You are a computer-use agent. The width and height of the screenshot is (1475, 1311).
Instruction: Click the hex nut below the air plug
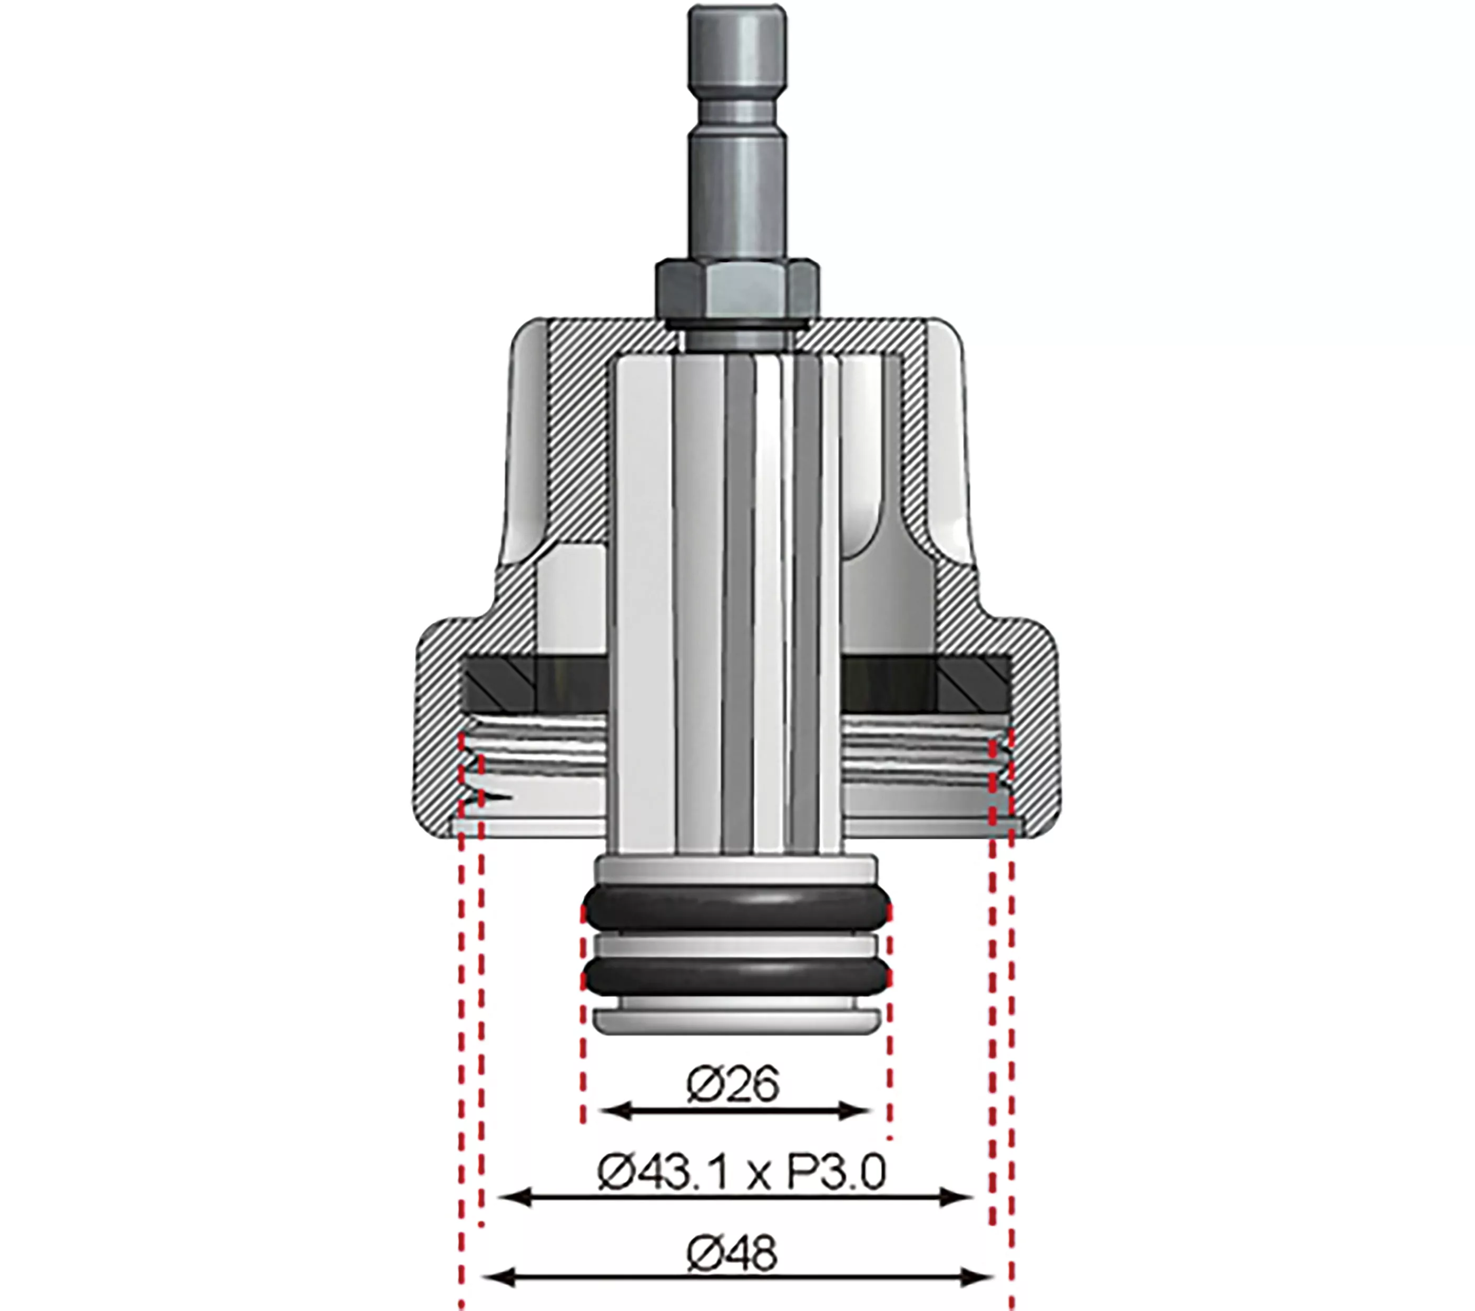coord(735,287)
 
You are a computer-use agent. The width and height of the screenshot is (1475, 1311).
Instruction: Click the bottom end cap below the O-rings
coord(736,1020)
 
